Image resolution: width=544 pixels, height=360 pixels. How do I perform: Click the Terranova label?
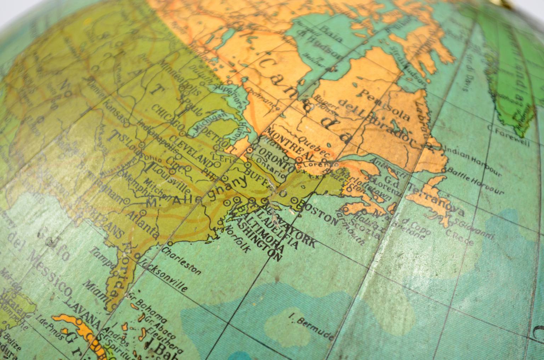click(x=436, y=200)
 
